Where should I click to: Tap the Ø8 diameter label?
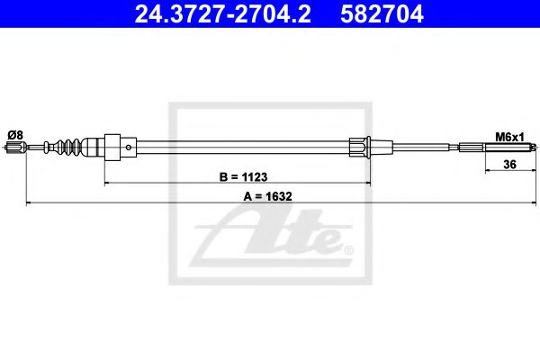click(15, 134)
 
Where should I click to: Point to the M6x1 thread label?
click(510, 137)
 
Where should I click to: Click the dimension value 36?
click(510, 165)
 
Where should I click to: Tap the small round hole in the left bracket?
click(130, 148)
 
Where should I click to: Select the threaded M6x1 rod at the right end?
click(504, 148)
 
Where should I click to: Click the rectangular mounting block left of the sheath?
click(113, 148)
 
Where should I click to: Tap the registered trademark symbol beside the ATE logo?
click(348, 247)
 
